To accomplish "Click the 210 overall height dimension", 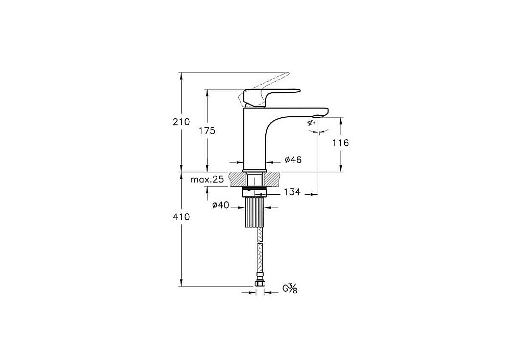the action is [181, 122].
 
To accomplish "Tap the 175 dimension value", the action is [207, 131].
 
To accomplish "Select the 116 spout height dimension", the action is [341, 142].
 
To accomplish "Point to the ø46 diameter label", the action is [293, 160].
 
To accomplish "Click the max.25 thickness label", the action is [207, 179].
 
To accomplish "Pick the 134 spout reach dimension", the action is [292, 192].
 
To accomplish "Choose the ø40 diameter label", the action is [220, 205].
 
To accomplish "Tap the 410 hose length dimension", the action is [181, 217].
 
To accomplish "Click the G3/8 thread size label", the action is [290, 289].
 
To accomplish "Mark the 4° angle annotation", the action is [312, 122].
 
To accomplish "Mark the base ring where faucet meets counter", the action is [254, 171].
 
